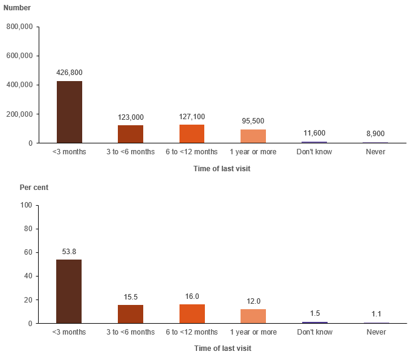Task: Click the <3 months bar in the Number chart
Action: [x=70, y=112]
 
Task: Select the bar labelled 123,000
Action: [x=131, y=134]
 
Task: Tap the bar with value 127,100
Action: [x=192, y=134]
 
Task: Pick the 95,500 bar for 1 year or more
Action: [x=253, y=136]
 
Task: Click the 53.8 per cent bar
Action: [x=69, y=291]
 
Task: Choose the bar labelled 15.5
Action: [x=131, y=314]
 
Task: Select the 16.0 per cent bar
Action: [x=192, y=314]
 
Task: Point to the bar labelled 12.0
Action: [x=253, y=316]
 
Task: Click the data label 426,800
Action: [x=70, y=73]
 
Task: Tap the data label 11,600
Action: [x=314, y=133]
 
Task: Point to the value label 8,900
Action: [x=375, y=134]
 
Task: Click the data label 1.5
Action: [x=315, y=313]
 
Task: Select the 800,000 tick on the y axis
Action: [x=19, y=27]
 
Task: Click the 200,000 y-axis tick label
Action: [x=19, y=114]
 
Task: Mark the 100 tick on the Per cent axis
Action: [x=26, y=205]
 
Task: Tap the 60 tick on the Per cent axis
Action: [x=28, y=252]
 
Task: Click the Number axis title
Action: [x=17, y=8]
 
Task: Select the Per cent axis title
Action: [x=34, y=188]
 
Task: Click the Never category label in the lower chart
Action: [x=377, y=332]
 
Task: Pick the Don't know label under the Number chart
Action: [x=314, y=152]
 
